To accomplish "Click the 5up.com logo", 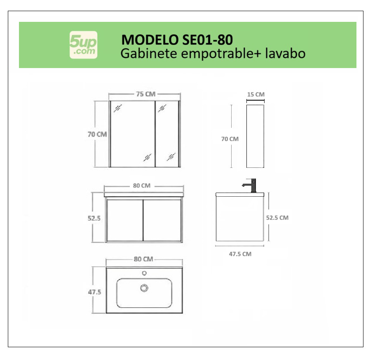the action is coord(84,45).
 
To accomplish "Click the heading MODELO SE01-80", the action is coord(177,40).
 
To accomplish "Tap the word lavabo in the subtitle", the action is coord(285,53).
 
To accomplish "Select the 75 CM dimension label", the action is coord(145,94).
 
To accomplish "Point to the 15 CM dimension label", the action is coord(255,94).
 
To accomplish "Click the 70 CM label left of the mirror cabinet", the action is coord(97,134).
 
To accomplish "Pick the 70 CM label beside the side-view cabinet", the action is coord(230,139).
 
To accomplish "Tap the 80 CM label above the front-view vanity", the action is coord(142,186).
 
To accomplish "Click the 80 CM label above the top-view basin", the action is coord(143,259).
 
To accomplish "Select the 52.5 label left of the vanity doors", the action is coord(94,218).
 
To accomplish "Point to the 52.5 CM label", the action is coord(277,218).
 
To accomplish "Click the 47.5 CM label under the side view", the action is coord(240,254).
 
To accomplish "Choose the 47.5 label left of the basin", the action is coord(94,292).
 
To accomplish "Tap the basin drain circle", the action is coord(144,288).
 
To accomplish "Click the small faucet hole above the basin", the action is coord(144,273).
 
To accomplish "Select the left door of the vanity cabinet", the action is coord(124,221).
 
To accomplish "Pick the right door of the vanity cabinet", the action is coord(162,221).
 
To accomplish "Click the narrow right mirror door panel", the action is coord(167,134).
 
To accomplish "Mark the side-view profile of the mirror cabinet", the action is coord(255,136).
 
